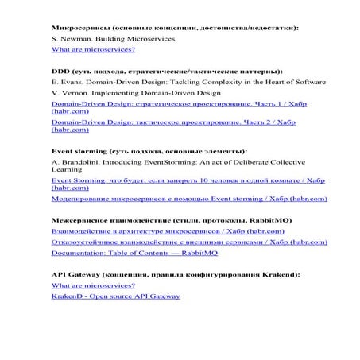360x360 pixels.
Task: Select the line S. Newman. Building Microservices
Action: click(112, 38)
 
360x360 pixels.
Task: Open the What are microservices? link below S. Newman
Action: click(93, 49)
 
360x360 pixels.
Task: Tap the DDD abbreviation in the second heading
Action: click(60, 72)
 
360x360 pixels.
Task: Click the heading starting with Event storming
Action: click(148, 150)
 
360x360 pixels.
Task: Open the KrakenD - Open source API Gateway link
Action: click(115, 296)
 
